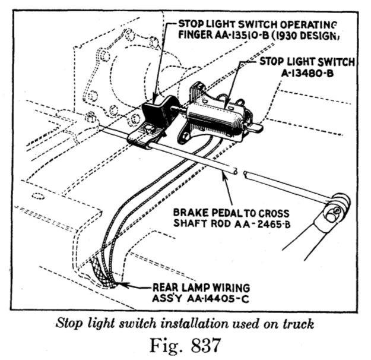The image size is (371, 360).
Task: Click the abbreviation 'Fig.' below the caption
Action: click(157, 344)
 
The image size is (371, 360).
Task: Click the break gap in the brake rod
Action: click(240, 173)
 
